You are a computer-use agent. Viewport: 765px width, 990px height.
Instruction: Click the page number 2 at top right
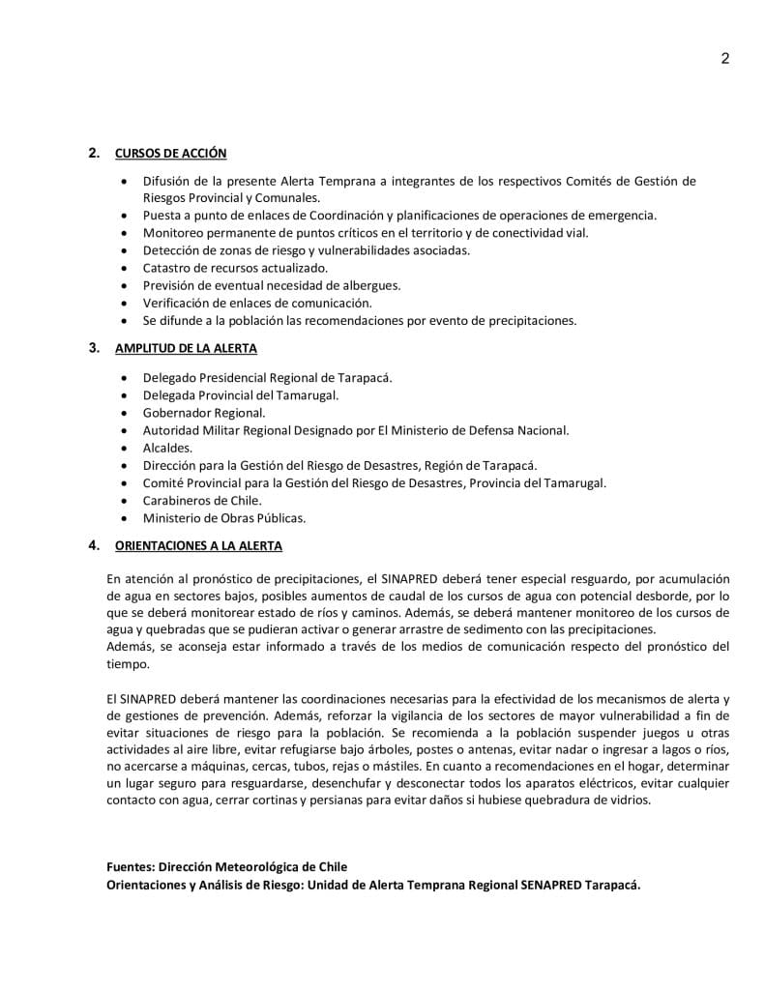(x=724, y=58)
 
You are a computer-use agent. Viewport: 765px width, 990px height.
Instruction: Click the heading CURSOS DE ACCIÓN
(x=171, y=153)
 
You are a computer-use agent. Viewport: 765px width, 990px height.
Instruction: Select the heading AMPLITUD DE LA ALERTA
(x=186, y=348)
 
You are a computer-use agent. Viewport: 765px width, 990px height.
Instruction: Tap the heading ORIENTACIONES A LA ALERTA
(x=198, y=546)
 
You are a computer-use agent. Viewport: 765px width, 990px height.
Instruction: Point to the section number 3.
(x=93, y=348)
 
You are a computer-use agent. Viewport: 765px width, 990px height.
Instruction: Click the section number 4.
(x=93, y=546)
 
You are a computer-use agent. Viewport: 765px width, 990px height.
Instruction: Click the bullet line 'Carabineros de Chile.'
(x=202, y=501)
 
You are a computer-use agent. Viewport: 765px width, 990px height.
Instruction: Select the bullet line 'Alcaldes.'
(x=168, y=448)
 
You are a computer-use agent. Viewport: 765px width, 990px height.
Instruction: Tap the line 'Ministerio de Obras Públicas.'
(x=224, y=518)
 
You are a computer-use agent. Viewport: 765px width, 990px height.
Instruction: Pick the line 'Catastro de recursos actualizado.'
(x=235, y=268)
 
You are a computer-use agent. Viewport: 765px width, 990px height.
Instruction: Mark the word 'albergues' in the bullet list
(x=373, y=285)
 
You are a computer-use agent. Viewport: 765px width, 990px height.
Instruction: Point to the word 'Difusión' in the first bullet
(x=168, y=181)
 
